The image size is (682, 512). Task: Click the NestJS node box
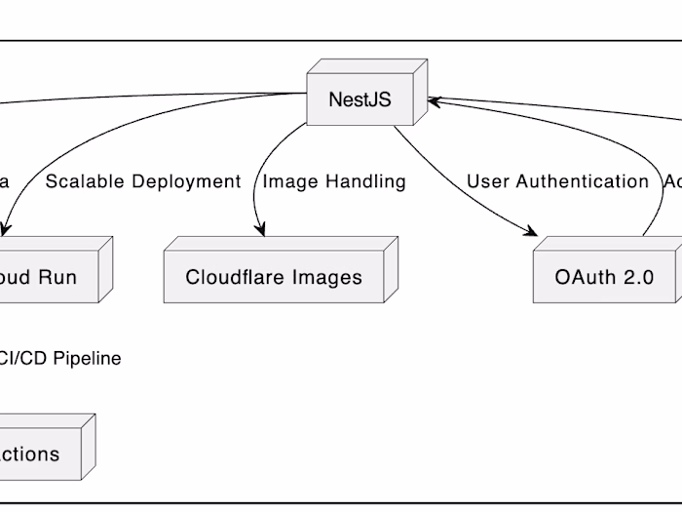point(360,99)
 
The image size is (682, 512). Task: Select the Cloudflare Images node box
point(274,277)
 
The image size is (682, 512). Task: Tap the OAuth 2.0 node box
point(604,277)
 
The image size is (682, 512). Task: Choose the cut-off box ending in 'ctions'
point(39,454)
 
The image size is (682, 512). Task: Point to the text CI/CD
point(23,359)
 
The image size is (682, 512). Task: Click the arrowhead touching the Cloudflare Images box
point(260,230)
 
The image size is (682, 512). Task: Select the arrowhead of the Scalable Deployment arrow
point(4,230)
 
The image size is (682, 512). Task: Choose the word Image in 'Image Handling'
point(288,181)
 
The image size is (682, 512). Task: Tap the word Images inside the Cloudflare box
point(330,277)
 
